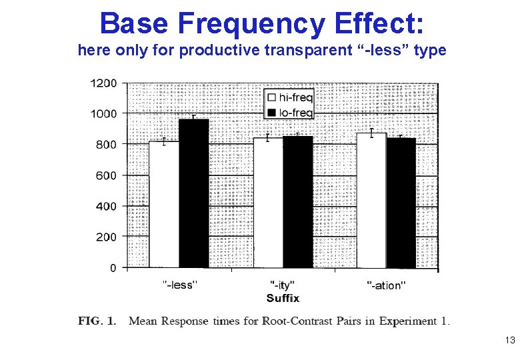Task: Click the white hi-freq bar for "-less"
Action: (x=163, y=205)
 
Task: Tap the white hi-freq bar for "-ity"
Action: (x=268, y=203)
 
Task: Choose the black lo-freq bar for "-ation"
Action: (x=401, y=203)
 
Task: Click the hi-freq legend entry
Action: (x=289, y=97)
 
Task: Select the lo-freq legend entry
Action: (x=289, y=113)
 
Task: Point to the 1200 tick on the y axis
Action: (x=103, y=83)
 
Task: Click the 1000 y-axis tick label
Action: (x=103, y=114)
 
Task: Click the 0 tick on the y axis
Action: (x=113, y=268)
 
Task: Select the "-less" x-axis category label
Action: (x=179, y=285)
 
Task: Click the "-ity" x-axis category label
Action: (x=283, y=285)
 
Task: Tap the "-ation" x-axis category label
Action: (x=386, y=285)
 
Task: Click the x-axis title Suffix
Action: (x=283, y=297)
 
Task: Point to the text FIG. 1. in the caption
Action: (x=97, y=321)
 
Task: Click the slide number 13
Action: (x=510, y=341)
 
